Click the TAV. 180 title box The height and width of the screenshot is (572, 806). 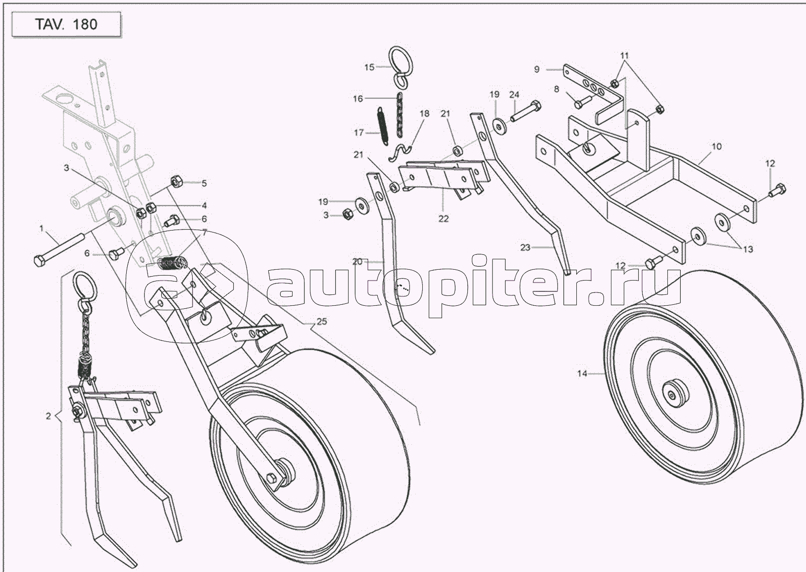coord(66,24)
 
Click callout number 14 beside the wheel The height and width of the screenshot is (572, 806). coord(582,374)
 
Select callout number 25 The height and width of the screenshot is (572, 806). coord(321,322)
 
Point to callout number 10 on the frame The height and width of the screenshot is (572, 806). coord(717,146)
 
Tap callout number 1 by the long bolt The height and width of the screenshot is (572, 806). coord(42,228)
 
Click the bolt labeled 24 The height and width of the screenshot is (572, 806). coord(525,111)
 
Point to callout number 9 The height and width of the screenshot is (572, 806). coord(537,69)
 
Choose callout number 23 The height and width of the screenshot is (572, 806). coord(525,247)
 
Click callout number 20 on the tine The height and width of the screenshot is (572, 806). coord(357,262)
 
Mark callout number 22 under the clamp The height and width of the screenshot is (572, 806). coord(443,219)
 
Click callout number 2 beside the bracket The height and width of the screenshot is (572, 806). coord(49,416)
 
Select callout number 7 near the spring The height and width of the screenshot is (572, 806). coord(205,233)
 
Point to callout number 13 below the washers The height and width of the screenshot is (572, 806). coord(748,249)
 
